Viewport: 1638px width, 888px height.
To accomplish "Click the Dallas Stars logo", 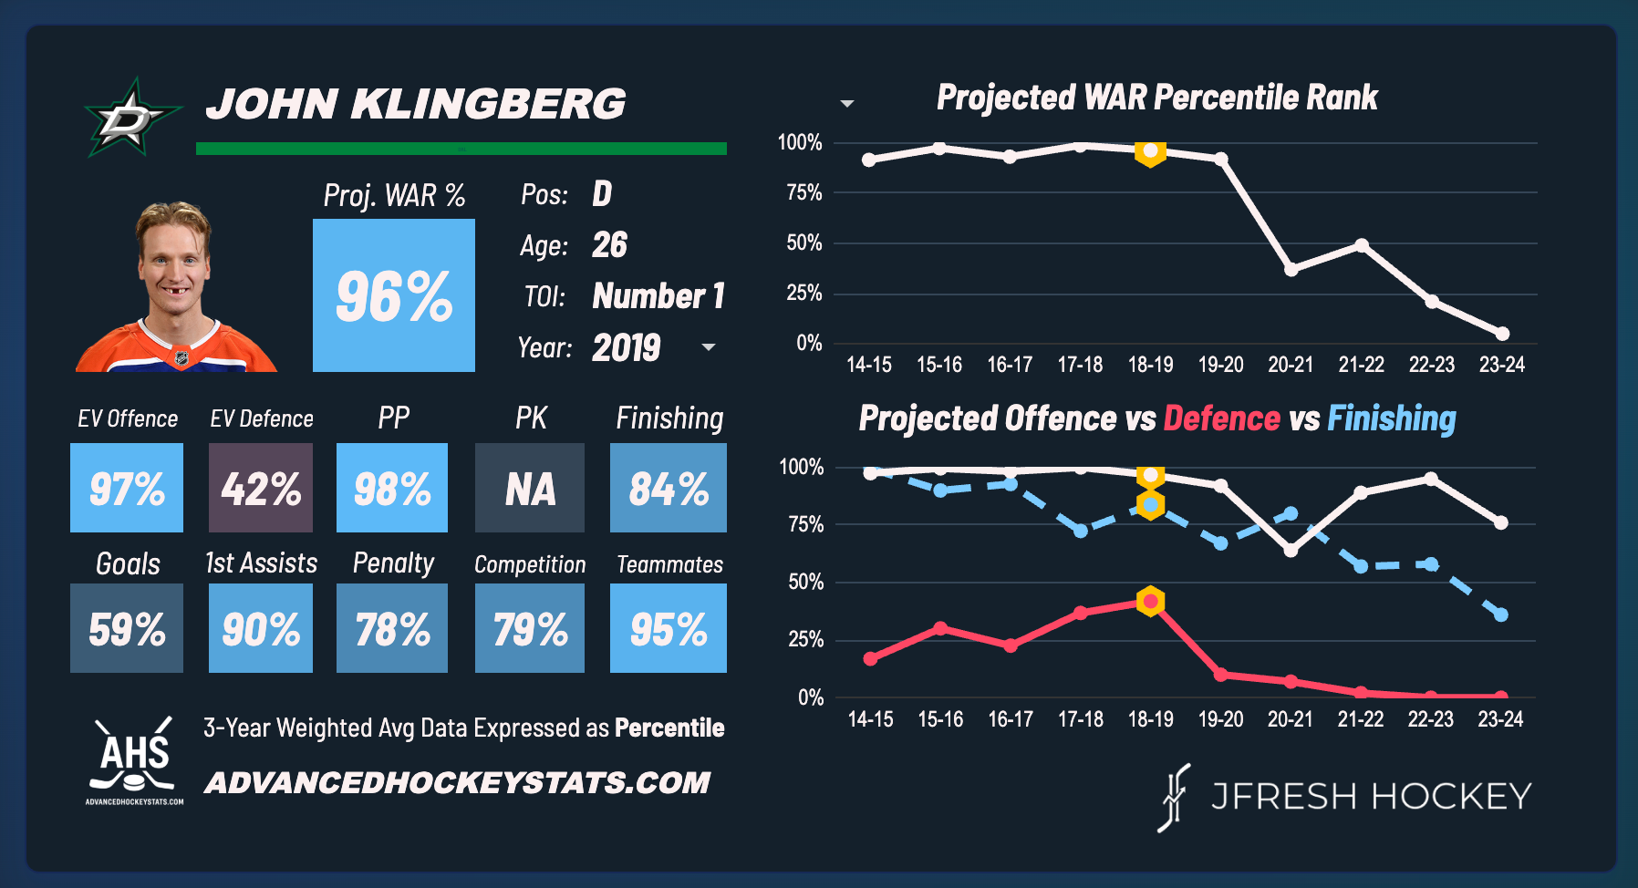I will click(130, 118).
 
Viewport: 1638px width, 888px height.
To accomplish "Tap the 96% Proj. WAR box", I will click(393, 295).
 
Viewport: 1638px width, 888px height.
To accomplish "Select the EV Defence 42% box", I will click(261, 488).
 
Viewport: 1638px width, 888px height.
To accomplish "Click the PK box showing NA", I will click(530, 488).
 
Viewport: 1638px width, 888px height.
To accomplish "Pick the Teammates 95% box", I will click(669, 628).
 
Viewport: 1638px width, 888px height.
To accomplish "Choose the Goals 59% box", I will click(127, 628).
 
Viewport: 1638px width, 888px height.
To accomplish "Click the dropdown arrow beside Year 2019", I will click(709, 347).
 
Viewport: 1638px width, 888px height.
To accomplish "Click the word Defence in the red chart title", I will click(1221, 418).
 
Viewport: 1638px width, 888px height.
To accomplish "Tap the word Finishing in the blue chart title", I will click(1391, 418).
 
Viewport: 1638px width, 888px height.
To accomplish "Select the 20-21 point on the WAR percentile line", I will click(1291, 269).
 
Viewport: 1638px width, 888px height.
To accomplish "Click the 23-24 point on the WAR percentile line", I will click(1502, 334).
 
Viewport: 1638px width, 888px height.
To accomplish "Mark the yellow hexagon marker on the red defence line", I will click(1151, 601).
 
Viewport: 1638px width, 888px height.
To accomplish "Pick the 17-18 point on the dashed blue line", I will click(1081, 531).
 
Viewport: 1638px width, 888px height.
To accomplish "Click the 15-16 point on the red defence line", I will click(940, 628).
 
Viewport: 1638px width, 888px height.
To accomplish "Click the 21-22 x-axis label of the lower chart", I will click(1360, 719).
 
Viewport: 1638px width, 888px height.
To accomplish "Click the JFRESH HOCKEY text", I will click(1370, 797).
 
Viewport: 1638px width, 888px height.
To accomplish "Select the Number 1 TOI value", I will click(658, 296).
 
